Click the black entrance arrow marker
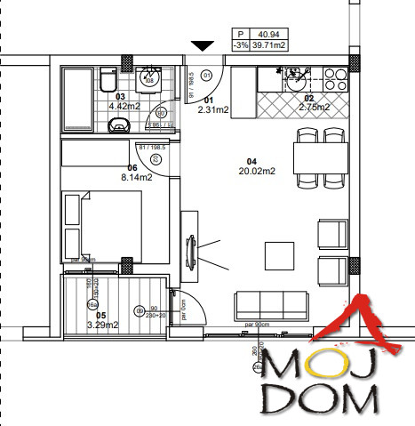(x=204, y=45)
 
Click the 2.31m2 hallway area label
(x=212, y=110)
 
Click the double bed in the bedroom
(x=102, y=227)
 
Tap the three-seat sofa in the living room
(x=270, y=305)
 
